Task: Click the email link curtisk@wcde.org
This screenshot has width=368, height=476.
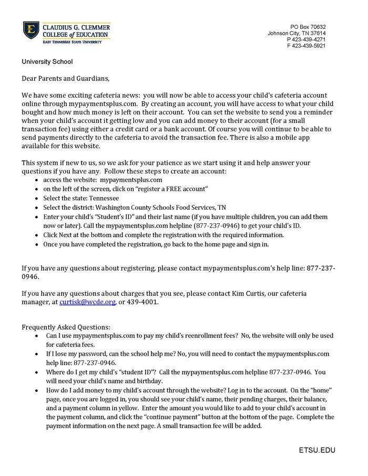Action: coord(87,302)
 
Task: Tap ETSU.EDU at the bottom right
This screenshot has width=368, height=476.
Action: coord(317,450)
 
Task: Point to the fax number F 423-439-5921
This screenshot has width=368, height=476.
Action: coord(306,46)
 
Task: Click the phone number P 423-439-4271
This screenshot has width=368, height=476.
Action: coord(306,39)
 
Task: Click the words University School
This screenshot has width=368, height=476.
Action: coord(47,61)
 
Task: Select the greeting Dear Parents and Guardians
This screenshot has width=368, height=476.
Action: coord(66,79)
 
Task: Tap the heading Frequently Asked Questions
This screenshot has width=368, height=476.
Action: coord(66,327)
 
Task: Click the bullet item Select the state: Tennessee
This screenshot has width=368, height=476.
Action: coord(81,198)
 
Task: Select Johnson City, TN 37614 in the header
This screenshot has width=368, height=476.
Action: coord(297,33)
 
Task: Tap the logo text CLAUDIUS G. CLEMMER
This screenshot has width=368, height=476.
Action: coord(76,27)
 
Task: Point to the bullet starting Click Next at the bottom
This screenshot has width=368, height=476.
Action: coord(163,235)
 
